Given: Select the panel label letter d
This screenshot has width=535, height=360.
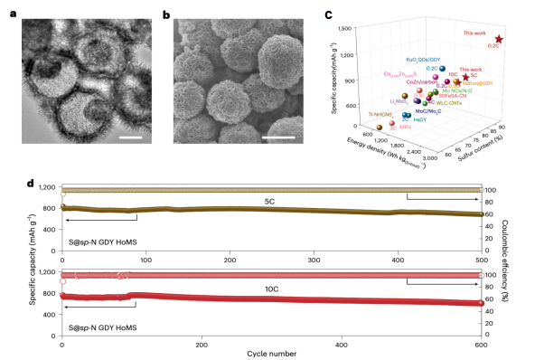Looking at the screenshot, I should (33, 184).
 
